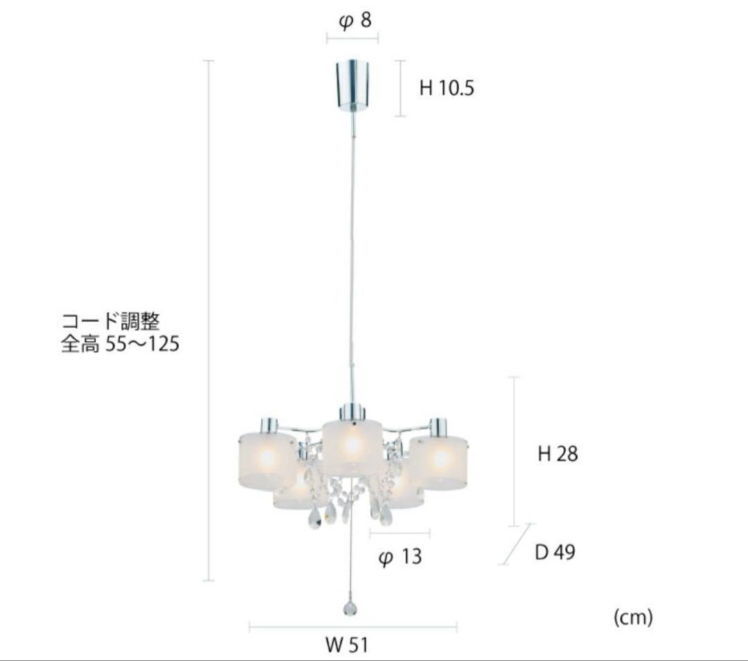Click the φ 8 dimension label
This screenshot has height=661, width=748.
355,21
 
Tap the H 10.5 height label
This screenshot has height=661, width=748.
447,88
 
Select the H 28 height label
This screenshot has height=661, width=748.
558,453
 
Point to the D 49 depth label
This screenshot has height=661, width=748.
555,552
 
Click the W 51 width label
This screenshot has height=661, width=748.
347,645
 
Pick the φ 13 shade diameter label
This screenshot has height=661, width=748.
400,556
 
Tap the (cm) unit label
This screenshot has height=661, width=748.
633,617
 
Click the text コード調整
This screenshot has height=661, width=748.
110,321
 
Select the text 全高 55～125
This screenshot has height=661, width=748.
121,343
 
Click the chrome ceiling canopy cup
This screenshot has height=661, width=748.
353,84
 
